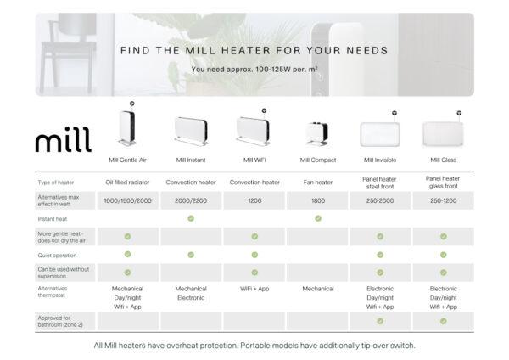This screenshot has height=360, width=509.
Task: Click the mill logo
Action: [x=63, y=140]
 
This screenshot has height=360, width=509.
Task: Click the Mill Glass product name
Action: [x=443, y=160]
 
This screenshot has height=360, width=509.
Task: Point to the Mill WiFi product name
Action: [x=254, y=160]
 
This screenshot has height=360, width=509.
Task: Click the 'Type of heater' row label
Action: [x=57, y=183]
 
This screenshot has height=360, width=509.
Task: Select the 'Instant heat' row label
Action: [x=53, y=218]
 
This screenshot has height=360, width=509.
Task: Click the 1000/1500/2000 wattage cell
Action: [x=127, y=200]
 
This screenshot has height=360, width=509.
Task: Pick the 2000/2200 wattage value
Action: [x=191, y=200]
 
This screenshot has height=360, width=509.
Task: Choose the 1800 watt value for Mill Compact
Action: [x=318, y=200]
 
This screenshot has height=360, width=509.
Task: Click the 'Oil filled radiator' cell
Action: [x=127, y=183]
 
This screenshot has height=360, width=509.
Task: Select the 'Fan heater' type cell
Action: [x=318, y=183]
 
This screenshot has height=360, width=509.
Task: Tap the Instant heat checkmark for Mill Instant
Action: [x=191, y=218]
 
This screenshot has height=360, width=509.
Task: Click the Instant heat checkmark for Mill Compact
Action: [x=318, y=218]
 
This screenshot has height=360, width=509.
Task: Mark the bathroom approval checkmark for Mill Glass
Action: [x=443, y=321]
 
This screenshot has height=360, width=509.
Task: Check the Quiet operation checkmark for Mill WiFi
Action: [x=254, y=254]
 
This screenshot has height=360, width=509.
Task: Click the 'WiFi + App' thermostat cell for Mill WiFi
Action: [x=254, y=290]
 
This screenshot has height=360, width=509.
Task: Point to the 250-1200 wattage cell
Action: [x=443, y=200]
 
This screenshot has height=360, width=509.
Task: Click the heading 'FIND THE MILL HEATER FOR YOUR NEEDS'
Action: [x=254, y=51]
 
